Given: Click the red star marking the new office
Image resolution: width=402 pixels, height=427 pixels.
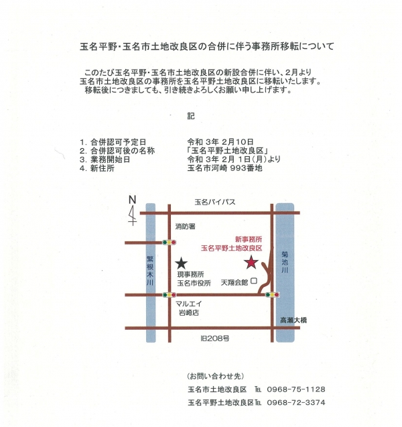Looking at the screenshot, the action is pyautogui.click(x=251, y=262).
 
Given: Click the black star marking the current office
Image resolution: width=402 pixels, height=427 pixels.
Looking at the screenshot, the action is pyautogui.click(x=182, y=263).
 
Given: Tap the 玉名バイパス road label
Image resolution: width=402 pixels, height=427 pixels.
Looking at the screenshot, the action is pyautogui.click(x=215, y=202).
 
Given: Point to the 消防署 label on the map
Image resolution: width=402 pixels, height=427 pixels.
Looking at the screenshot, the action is pyautogui.click(x=185, y=227).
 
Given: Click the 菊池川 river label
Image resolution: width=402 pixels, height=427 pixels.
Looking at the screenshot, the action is pyautogui.click(x=285, y=262).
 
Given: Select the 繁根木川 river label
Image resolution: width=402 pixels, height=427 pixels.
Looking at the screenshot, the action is pyautogui.click(x=150, y=270).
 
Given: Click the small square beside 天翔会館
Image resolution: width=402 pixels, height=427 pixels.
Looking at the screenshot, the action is pyautogui.click(x=254, y=281).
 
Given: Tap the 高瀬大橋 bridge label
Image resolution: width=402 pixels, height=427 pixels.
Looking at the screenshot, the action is pyautogui.click(x=293, y=320).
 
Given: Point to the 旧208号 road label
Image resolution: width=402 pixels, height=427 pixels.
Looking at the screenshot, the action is pyautogui.click(x=215, y=339).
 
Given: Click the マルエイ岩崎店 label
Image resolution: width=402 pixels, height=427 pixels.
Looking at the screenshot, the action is pyautogui.click(x=189, y=308).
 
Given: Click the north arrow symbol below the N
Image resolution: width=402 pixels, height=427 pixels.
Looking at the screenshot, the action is pyautogui.click(x=132, y=215).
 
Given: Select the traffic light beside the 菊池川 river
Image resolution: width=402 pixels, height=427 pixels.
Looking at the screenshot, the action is pyautogui.click(x=272, y=295).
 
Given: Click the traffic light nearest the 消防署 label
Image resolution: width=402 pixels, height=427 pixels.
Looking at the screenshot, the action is pyautogui.click(x=169, y=243).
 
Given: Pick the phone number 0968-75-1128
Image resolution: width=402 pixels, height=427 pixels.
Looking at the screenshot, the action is pyautogui.click(x=296, y=389).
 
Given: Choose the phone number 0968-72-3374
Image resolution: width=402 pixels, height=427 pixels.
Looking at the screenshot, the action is pyautogui.click(x=296, y=402).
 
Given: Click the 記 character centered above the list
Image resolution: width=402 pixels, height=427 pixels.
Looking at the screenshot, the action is pyautogui.click(x=191, y=116).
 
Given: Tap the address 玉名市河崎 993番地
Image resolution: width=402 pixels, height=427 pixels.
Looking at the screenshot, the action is pyautogui.click(x=225, y=168).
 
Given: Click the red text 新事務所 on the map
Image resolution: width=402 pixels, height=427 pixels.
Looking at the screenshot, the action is pyautogui.click(x=249, y=239).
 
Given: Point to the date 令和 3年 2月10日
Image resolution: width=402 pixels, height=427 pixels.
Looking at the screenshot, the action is pyautogui.click(x=220, y=142).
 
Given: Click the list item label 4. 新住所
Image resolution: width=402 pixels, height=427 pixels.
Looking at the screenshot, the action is pyautogui.click(x=97, y=168).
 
